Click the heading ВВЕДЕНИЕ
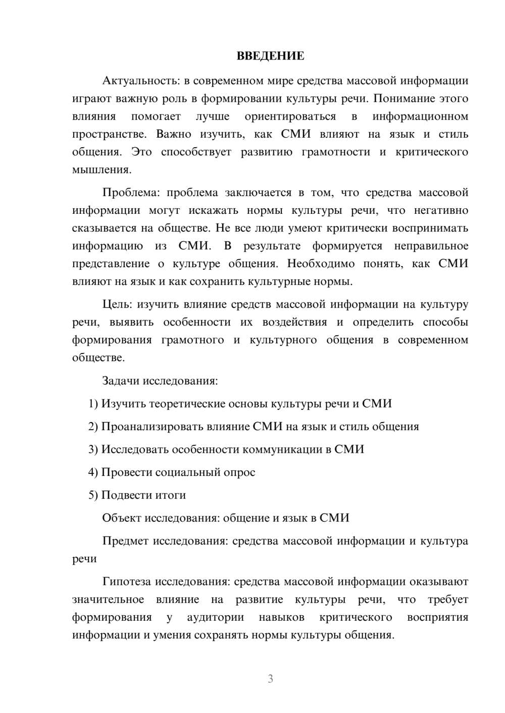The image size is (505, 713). tap(270, 56)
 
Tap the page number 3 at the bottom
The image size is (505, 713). tap(270, 679)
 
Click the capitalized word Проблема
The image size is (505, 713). tap(131, 193)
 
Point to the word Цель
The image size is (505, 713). tap(117, 305)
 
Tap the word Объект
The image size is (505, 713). tap(122, 518)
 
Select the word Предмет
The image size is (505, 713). tap(125, 541)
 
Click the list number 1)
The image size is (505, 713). tap(93, 404)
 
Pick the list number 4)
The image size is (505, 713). tap(93, 472)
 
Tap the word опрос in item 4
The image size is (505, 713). tap(239, 472)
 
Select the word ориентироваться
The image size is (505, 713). tap(290, 116)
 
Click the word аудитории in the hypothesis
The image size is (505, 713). tap(215, 617)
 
